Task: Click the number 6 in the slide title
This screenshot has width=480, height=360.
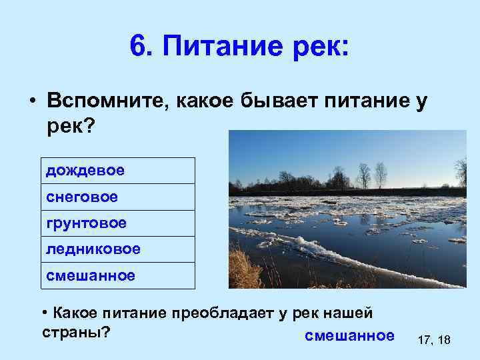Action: (139, 47)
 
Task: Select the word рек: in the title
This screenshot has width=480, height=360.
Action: (319, 47)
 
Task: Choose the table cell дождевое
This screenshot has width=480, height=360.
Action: (117, 171)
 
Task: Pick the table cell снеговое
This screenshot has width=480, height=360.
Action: (117, 197)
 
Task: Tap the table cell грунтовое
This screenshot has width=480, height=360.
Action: (117, 223)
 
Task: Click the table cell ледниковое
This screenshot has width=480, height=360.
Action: (117, 249)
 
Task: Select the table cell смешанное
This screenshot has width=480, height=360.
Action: (117, 275)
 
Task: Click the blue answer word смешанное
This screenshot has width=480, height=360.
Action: (349, 335)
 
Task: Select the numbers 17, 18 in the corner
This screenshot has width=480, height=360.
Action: (434, 340)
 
